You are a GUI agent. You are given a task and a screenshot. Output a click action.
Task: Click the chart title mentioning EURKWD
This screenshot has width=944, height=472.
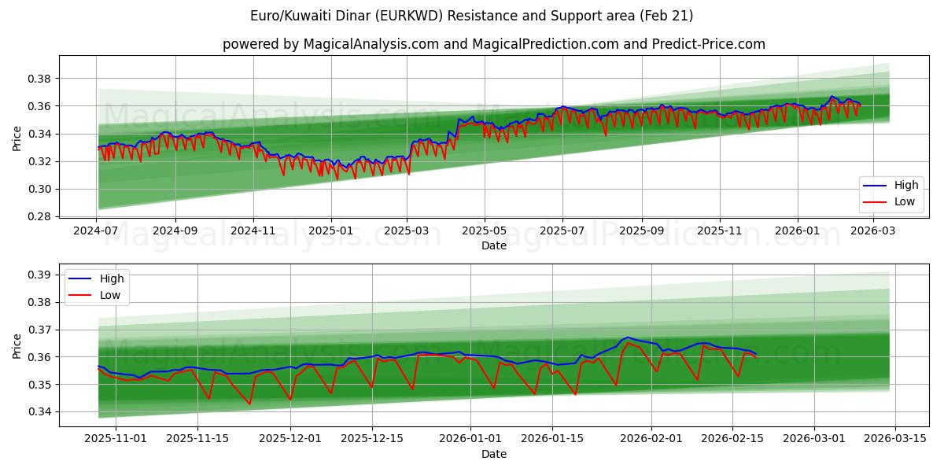pos(471,16)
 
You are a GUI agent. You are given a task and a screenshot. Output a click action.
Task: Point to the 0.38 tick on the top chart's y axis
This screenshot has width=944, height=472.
pos(40,79)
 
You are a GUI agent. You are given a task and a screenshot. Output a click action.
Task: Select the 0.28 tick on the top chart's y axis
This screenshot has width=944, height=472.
pos(40,216)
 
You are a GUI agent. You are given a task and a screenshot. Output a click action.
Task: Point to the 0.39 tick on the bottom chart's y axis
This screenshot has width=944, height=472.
pos(40,275)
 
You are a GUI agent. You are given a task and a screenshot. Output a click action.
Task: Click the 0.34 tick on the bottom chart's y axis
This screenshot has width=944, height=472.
pos(40,411)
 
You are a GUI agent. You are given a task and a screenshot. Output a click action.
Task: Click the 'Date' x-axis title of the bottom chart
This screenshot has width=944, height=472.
pos(494,454)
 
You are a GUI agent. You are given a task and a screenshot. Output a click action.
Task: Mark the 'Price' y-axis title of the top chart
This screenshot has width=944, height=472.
pos(17,139)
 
